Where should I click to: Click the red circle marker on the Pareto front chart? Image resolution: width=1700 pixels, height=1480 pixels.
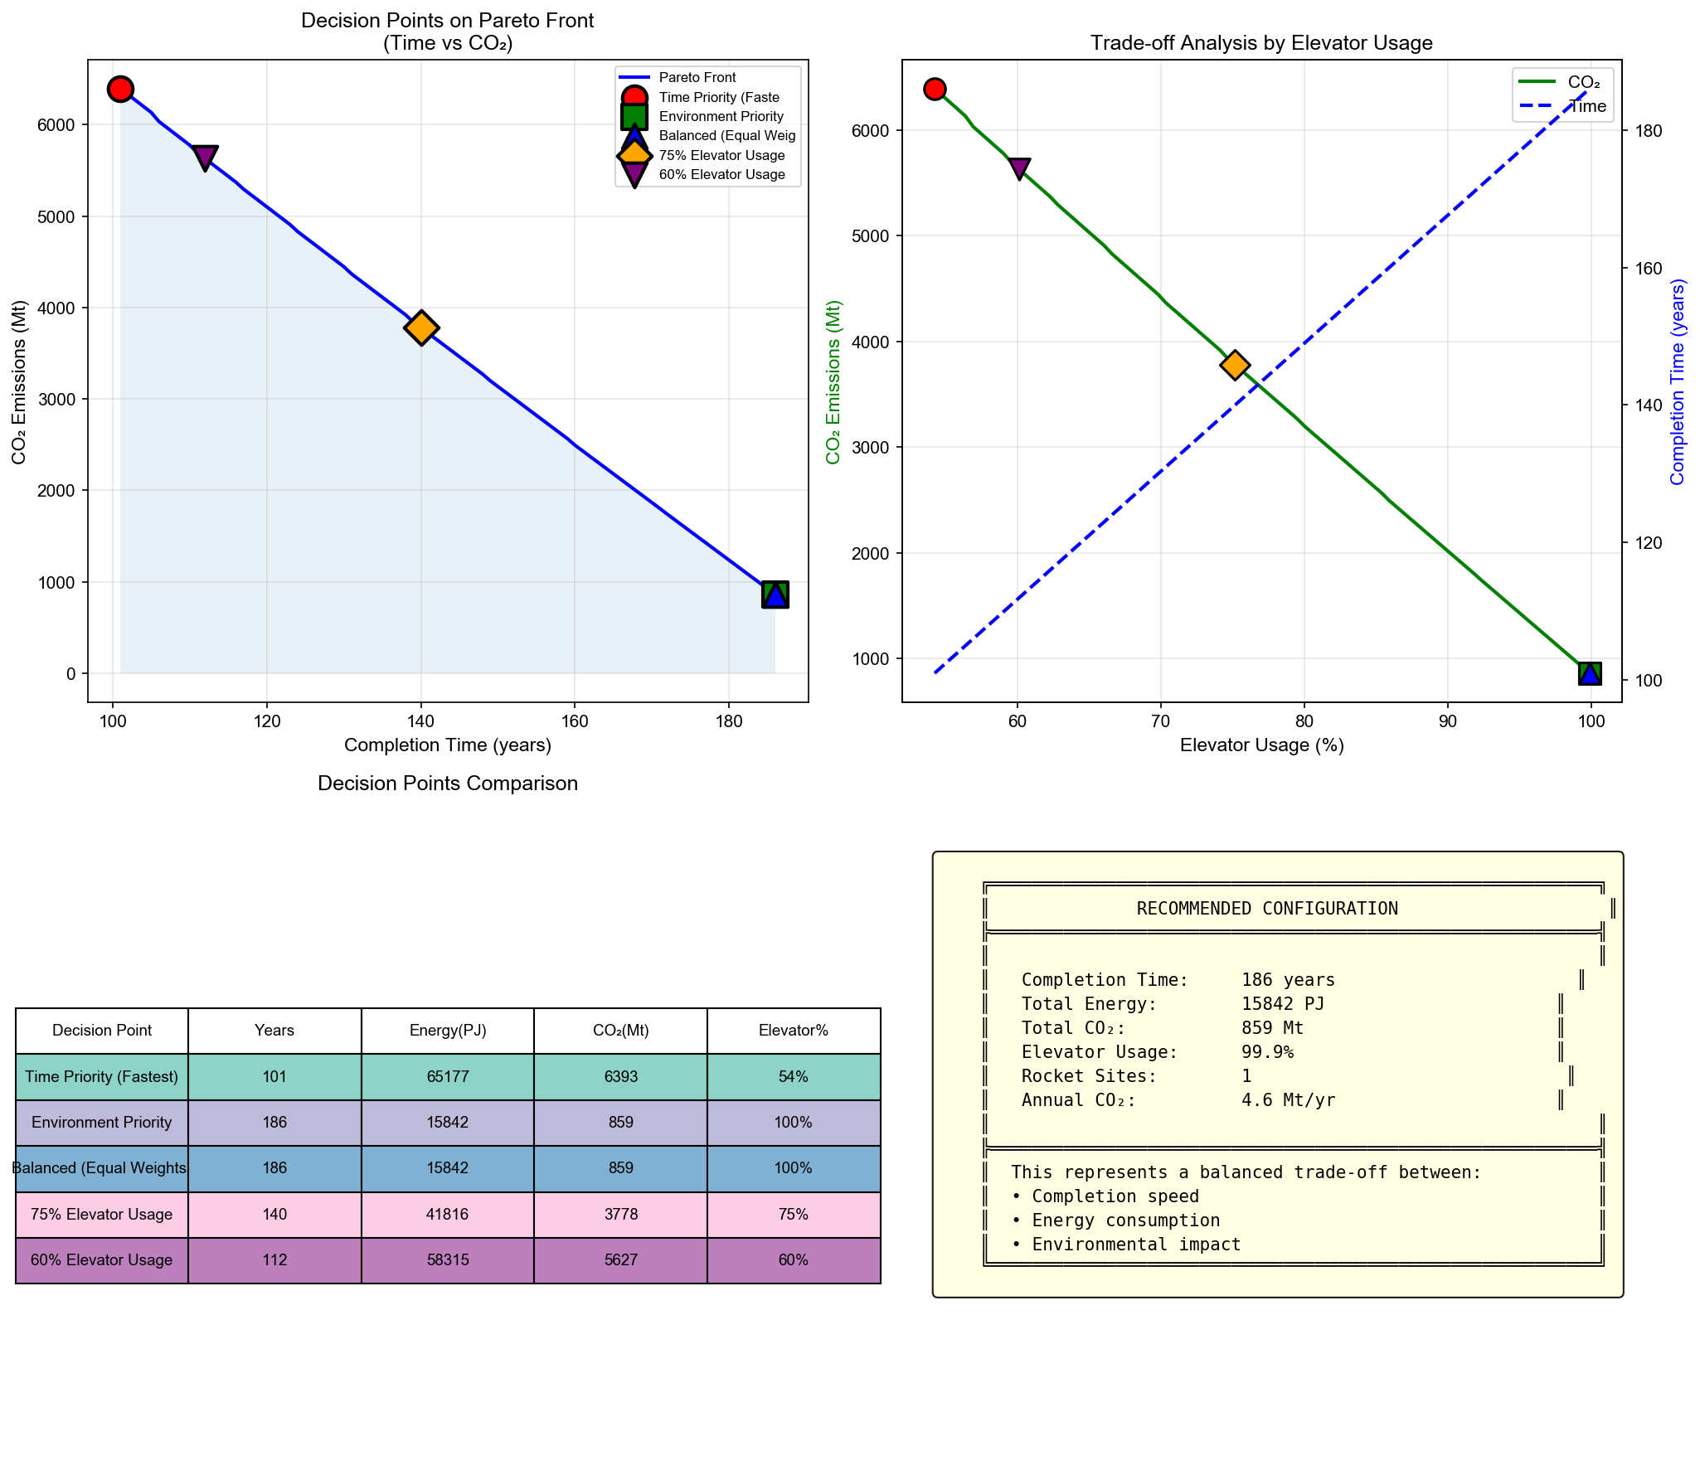pos(120,89)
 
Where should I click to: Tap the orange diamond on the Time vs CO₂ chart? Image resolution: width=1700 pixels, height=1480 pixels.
pos(421,328)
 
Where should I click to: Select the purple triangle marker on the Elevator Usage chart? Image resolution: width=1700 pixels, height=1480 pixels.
pos(1019,168)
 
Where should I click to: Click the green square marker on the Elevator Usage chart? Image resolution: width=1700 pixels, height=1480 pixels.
pos(1589,673)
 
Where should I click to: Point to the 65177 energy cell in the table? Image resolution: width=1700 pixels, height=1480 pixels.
pos(448,1076)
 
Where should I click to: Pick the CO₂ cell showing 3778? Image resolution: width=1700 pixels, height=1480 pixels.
pos(620,1214)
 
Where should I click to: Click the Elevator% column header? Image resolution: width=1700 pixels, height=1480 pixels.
pos(793,1030)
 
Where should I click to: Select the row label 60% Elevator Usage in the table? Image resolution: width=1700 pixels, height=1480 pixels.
pos(101,1259)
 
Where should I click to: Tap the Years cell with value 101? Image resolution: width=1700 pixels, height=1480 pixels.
pos(274,1076)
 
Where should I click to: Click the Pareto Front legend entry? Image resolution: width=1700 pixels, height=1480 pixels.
pos(697,77)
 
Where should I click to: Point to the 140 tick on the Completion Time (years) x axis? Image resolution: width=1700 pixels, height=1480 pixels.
pos(420,721)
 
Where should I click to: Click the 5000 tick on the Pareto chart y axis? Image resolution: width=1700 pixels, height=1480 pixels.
pos(58,216)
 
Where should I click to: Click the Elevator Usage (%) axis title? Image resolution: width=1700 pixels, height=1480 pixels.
pos(1261,745)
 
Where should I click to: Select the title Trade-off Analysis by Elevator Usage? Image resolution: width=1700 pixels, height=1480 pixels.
pos(1260,42)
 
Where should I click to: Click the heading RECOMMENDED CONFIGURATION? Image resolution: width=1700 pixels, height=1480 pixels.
pos(1266,908)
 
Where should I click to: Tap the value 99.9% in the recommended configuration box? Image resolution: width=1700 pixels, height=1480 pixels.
pos(1266,1052)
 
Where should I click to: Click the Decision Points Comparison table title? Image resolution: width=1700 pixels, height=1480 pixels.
pos(447,783)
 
